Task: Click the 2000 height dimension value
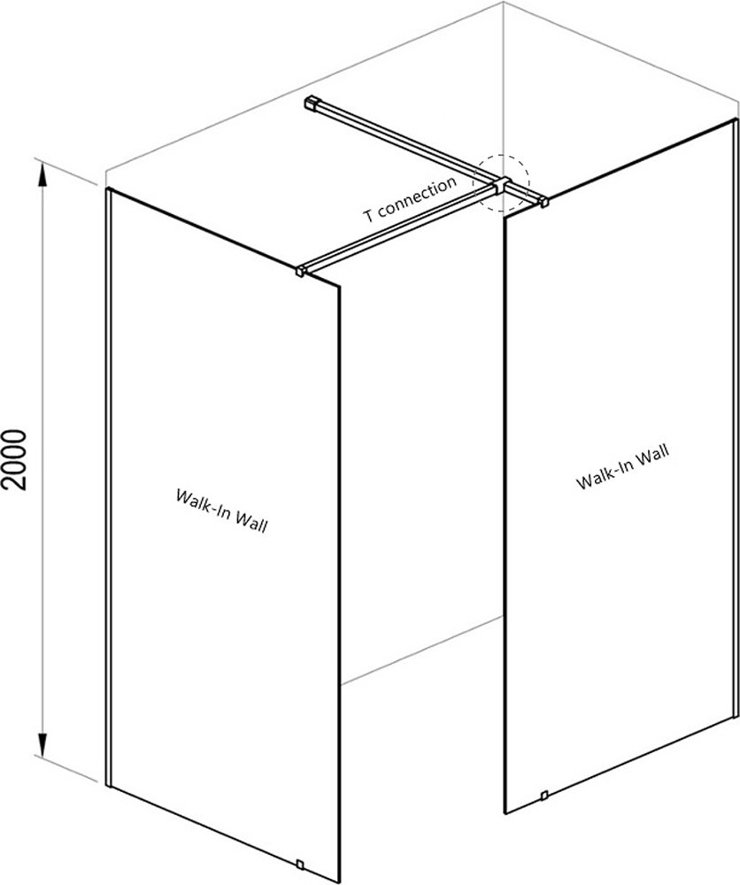point(14,459)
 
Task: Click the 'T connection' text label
point(409,199)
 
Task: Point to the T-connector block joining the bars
point(501,186)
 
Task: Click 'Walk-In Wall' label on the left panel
point(221,511)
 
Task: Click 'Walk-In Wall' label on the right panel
point(622,466)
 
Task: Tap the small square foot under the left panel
point(300,864)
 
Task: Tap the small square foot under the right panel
point(543,796)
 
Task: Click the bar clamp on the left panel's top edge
point(300,270)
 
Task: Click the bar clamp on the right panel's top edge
point(543,202)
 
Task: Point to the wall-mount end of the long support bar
point(312,104)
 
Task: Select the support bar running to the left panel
point(399,228)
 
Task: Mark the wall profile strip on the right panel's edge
point(736,418)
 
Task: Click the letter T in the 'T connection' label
point(368,216)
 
